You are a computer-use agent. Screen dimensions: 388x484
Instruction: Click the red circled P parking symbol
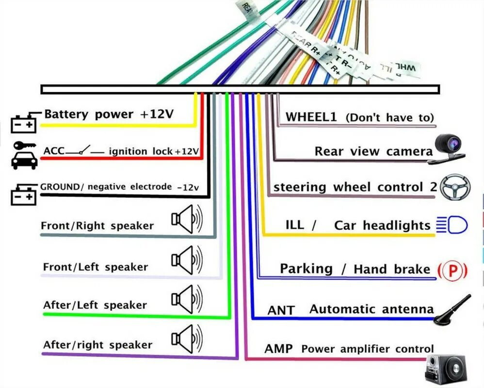[452, 270]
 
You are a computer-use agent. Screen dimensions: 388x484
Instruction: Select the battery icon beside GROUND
[24, 194]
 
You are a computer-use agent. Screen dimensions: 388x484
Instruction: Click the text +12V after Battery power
[156, 114]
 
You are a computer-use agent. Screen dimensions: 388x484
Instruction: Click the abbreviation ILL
[295, 225]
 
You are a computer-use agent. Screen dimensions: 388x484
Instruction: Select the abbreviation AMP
[278, 349]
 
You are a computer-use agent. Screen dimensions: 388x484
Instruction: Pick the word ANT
[281, 309]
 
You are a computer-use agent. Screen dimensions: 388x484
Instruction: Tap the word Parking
[306, 269]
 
